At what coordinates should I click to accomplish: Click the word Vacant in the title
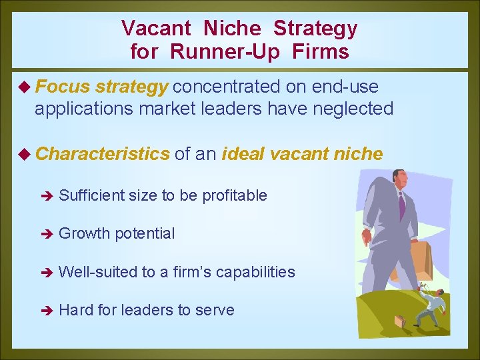(156, 29)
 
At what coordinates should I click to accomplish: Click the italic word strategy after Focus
(131, 87)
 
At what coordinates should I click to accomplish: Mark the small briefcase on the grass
(400, 321)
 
